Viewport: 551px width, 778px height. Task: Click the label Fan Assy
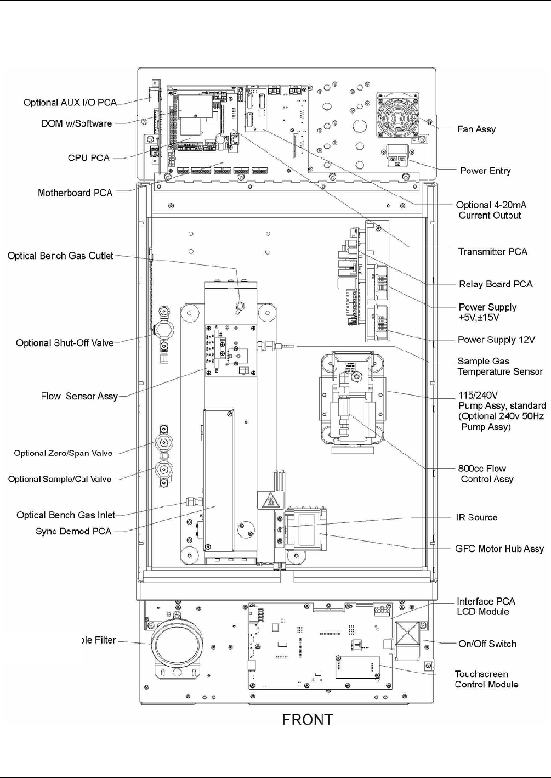476,129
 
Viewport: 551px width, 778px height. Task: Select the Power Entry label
485,171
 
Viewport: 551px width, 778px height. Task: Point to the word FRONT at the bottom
308,720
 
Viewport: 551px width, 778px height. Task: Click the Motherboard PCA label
75,193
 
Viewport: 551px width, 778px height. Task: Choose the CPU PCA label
89,158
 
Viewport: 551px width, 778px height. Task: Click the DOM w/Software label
77,123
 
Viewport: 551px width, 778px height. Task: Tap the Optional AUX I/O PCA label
70,103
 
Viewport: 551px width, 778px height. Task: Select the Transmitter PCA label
492,252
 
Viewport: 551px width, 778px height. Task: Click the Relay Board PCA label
496,284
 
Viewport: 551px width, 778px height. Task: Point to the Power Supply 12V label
496,340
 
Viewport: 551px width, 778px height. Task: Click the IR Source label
476,517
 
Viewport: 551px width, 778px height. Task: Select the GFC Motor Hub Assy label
499,549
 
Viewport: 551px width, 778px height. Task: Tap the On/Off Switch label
487,644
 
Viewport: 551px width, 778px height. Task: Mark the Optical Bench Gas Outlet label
60,256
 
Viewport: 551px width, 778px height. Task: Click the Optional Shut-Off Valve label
65,343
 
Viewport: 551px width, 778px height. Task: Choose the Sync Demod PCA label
73,531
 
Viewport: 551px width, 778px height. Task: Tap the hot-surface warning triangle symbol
270,500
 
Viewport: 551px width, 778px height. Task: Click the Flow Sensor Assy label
79,396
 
